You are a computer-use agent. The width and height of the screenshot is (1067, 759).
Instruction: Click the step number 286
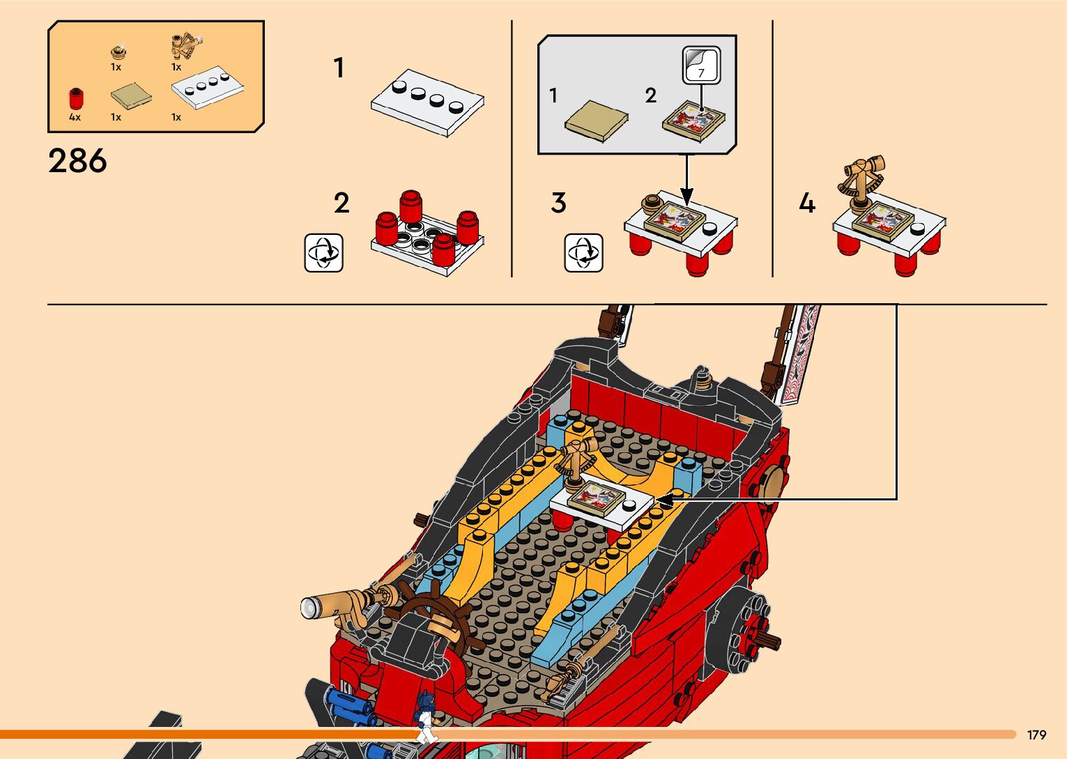point(77,161)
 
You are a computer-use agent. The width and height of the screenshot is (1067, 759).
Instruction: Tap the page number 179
point(1036,735)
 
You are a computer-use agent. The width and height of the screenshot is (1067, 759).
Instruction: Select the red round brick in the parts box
point(75,98)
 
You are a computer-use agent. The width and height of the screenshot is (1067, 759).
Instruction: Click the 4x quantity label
point(75,117)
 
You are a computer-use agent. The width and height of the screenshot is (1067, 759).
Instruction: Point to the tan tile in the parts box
point(131,95)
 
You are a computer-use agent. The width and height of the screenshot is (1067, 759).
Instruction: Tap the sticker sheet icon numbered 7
point(701,66)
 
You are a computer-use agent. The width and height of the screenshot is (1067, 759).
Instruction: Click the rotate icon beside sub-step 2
point(323,252)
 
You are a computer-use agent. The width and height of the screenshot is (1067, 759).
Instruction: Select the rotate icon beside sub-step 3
point(583,252)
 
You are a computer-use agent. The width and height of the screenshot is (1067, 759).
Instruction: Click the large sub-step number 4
point(806,204)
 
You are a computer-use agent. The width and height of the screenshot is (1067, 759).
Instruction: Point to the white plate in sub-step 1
point(427,102)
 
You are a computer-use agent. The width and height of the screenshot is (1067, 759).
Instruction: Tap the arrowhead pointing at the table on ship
point(663,499)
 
